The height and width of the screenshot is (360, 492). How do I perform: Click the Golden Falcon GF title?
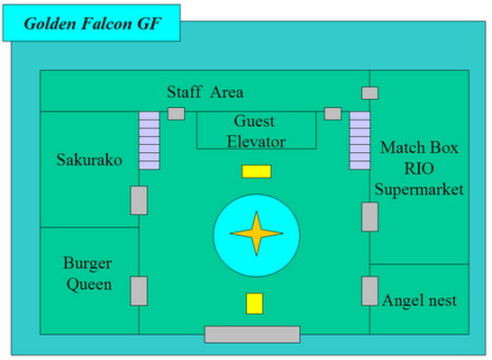[92, 23]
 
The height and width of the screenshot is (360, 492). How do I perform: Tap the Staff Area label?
[205, 92]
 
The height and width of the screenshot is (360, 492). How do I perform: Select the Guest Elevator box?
[256, 130]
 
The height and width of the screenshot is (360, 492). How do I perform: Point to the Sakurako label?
[89, 160]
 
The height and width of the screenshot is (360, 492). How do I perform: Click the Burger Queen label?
[88, 274]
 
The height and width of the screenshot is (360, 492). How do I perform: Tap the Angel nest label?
[420, 301]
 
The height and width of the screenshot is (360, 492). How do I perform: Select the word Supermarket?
[419, 189]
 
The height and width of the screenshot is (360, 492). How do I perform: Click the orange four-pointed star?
[257, 233]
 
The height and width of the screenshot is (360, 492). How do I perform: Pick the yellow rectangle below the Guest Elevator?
[256, 171]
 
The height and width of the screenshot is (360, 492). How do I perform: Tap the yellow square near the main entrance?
[254, 303]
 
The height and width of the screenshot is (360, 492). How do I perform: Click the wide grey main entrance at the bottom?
[252, 334]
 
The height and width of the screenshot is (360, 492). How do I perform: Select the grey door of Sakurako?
[139, 200]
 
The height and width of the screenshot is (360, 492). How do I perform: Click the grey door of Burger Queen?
[139, 291]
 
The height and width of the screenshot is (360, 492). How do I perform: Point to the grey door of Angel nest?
[369, 291]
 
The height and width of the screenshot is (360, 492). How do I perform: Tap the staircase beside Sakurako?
[150, 140]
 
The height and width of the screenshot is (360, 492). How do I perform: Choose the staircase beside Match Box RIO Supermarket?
[360, 140]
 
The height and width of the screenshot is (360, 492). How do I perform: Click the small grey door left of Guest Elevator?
[177, 113]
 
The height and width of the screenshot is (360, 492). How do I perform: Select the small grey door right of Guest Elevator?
[333, 113]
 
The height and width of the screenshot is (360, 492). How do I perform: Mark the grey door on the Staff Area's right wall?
[370, 93]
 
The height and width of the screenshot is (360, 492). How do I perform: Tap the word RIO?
[419, 168]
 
